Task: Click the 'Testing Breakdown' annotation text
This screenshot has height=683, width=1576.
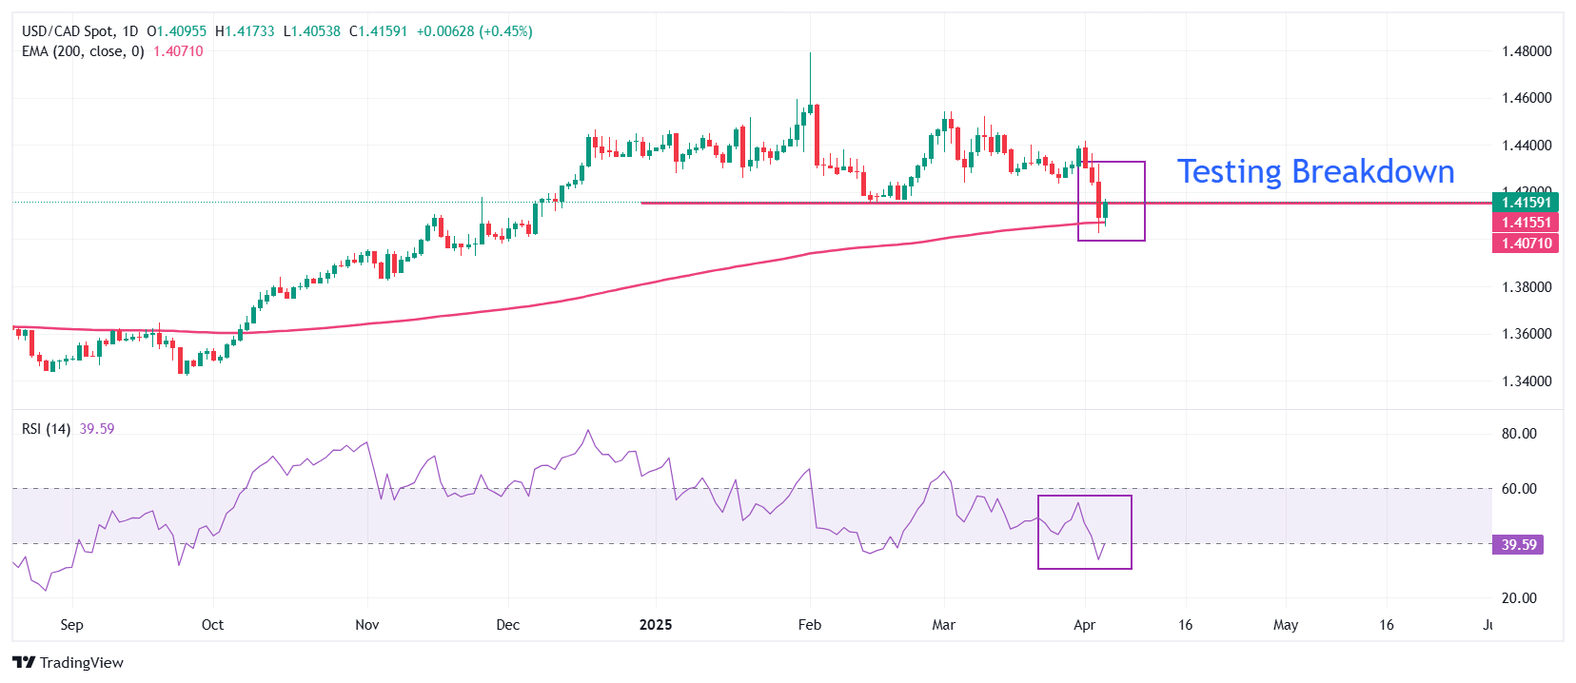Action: (x=1315, y=171)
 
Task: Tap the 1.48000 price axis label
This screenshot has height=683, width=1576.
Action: (x=1526, y=51)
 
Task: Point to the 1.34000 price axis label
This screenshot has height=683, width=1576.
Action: (x=1526, y=381)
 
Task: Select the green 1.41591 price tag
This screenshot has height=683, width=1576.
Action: (x=1526, y=202)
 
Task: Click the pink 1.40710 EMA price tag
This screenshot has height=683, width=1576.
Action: (x=1526, y=244)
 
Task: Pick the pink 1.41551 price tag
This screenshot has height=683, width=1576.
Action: (x=1526, y=223)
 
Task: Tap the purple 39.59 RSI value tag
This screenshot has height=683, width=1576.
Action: (x=1519, y=545)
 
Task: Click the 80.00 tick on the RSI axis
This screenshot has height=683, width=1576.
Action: (x=1519, y=434)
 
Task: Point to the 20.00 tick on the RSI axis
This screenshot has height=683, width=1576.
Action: (x=1519, y=598)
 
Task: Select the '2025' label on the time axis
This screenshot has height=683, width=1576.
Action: (x=655, y=625)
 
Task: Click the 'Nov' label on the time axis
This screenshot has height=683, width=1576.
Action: (x=366, y=625)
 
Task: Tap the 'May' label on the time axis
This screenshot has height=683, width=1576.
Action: (x=1285, y=625)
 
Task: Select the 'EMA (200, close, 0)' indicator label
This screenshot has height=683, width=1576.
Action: (x=83, y=51)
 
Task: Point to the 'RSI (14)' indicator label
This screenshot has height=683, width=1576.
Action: (x=46, y=429)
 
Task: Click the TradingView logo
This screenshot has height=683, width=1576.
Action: (x=68, y=662)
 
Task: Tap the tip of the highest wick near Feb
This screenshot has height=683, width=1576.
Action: (x=810, y=53)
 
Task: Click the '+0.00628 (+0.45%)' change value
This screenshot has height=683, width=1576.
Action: (x=474, y=31)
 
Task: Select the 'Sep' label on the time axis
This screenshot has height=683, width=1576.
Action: (x=71, y=625)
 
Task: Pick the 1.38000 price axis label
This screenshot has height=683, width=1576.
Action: (x=1526, y=287)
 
